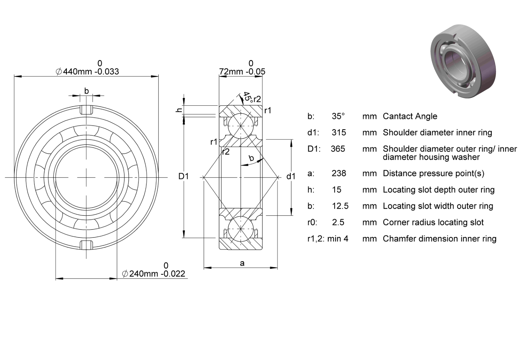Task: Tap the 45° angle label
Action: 247,97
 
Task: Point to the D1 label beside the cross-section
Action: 183,176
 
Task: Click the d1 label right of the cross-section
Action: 291,176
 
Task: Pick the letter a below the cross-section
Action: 242,263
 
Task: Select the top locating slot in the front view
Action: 87,109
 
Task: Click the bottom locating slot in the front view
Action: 87,245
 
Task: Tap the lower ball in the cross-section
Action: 240,229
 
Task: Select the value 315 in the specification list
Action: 339,132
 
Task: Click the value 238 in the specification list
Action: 339,173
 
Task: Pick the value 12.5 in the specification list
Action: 340,206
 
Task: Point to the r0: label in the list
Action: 312,222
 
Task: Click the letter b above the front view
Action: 87,91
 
